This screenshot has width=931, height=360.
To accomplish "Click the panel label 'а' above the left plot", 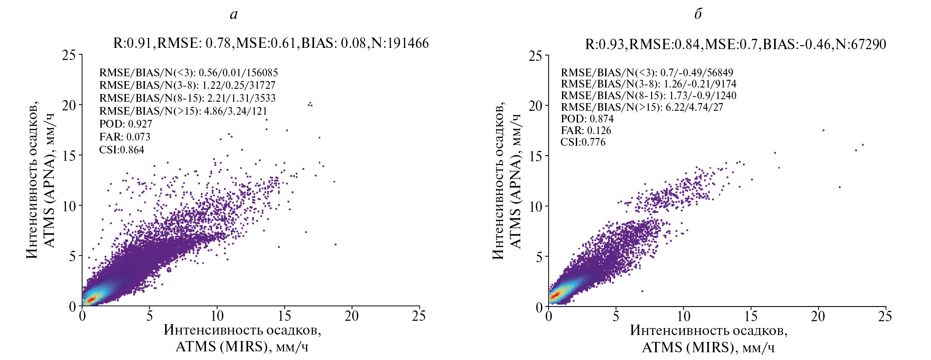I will (234, 15).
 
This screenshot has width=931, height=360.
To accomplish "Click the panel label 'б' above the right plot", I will (698, 14).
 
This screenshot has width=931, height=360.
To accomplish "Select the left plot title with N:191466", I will (271, 43).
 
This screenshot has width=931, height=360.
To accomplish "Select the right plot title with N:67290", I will (735, 44).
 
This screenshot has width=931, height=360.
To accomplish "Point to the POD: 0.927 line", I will (125, 124).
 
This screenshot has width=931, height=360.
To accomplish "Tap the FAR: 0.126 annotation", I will (586, 130).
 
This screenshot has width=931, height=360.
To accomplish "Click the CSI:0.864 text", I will (122, 150).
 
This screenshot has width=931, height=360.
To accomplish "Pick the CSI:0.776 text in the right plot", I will (583, 142).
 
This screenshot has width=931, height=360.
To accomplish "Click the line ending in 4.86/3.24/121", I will (183, 111).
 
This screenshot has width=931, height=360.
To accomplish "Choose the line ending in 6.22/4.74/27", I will (642, 107).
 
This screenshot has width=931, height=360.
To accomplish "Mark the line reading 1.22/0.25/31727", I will (187, 85).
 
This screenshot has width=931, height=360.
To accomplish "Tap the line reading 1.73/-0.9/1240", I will (648, 95).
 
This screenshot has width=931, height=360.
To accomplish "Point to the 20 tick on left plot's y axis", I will (69, 105).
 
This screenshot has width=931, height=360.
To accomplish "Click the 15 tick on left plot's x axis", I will (284, 316).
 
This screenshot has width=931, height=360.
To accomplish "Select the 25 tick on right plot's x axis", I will (885, 316).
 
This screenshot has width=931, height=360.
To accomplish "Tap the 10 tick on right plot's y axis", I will (536, 207).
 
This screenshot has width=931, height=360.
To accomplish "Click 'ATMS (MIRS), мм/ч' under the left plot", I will (242, 347).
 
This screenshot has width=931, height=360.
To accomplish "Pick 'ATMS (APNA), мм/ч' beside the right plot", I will (516, 181).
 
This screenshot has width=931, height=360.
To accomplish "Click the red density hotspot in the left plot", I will (91, 299).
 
